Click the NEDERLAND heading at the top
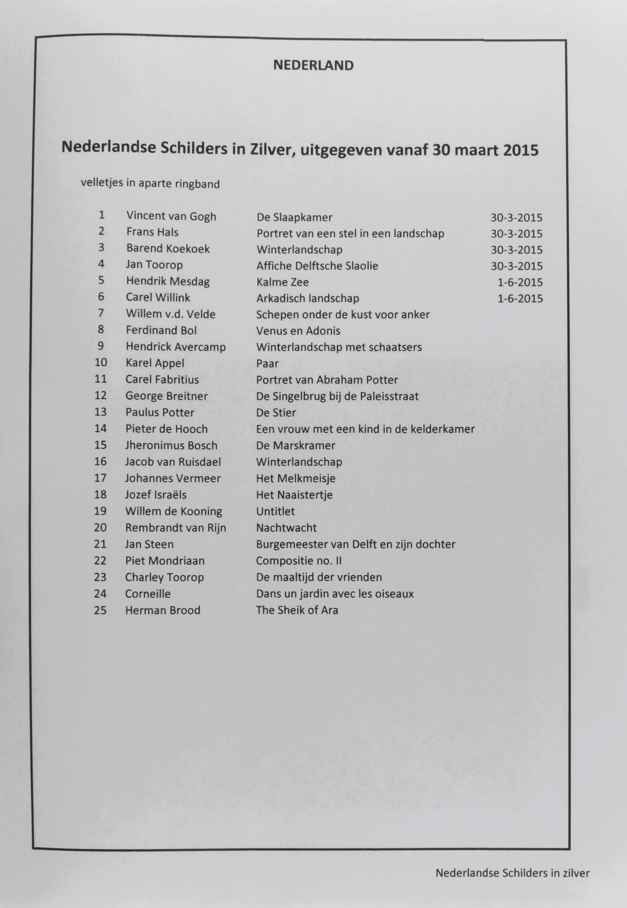[313, 65]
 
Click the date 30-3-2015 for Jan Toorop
[516, 266]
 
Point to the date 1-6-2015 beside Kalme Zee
[520, 282]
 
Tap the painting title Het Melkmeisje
[295, 478]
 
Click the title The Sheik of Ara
[297, 610]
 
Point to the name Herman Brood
[163, 610]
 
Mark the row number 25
[100, 610]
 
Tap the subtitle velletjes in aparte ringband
[150, 183]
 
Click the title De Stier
[276, 412]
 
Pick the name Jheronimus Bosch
[171, 445]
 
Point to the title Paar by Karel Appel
[267, 363]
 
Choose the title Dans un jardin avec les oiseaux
[335, 594]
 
